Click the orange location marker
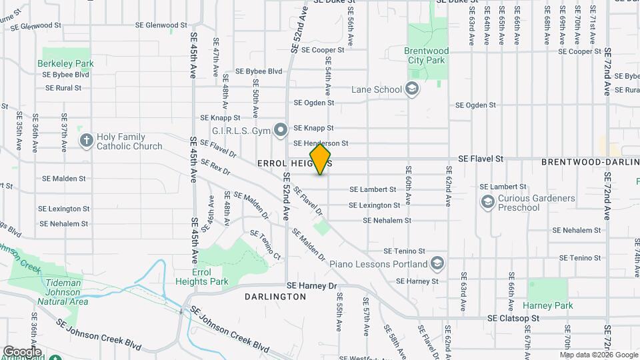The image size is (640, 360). coord(321,159)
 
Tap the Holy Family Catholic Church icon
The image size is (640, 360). coord(86,140)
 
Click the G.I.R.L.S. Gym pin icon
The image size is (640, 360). coord(281,129)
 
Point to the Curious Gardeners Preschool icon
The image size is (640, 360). coord(487,201)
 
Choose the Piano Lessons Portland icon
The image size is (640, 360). coord(437,263)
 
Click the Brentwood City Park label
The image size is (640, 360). coord(427,55)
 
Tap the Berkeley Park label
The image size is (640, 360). coord(65,63)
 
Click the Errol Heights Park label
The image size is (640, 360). coord(220,277)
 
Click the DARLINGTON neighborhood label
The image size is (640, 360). coord(275,296)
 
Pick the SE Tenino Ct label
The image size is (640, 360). coord(265,245)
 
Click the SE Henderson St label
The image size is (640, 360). coord(321,143)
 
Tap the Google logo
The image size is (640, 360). coord(21,352)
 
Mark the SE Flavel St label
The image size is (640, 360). coord(480,159)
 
